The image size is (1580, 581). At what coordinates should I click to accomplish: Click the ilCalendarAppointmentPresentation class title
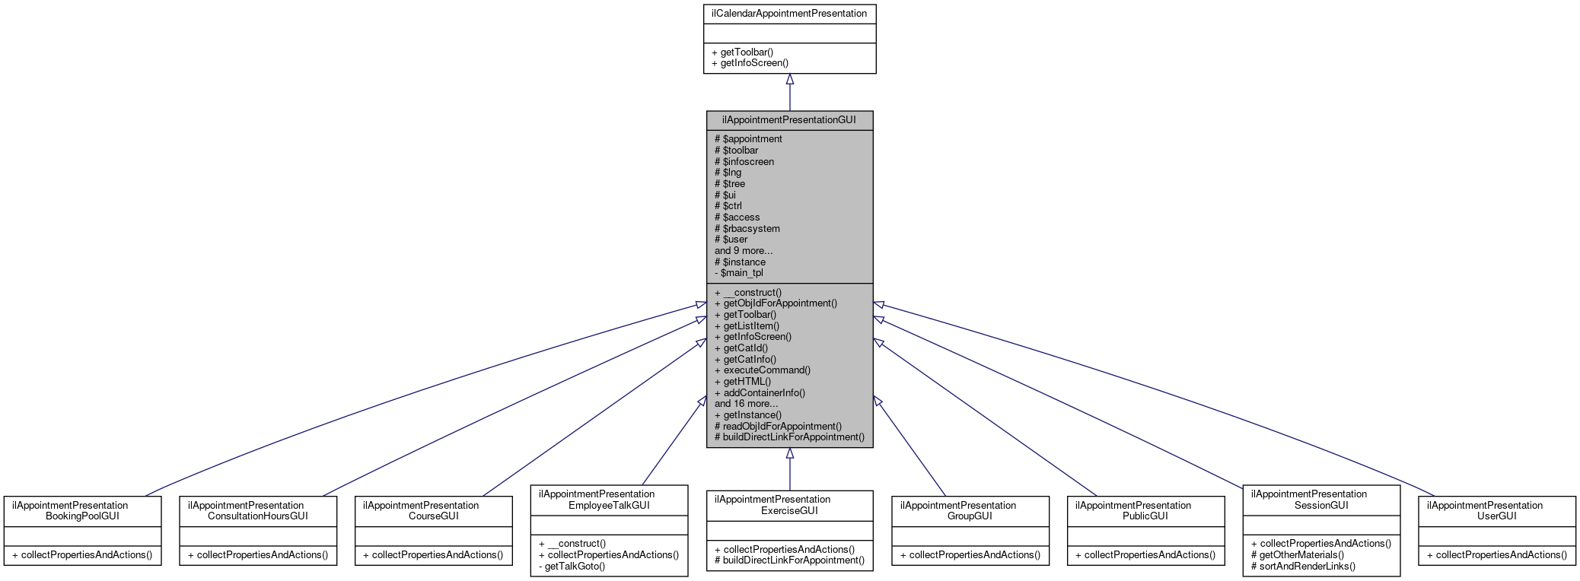point(789,13)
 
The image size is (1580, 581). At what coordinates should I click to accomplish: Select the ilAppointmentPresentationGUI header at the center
point(789,120)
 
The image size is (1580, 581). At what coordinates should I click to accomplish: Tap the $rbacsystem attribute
point(747,228)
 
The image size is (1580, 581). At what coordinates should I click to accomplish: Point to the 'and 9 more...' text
point(743,250)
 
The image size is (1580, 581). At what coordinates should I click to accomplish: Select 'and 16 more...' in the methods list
point(746,404)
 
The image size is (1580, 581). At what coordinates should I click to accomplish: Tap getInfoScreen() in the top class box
point(750,63)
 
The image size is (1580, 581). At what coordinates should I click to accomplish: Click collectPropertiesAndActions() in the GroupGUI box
point(970,555)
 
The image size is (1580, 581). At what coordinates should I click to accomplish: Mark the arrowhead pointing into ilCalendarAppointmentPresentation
point(789,79)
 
